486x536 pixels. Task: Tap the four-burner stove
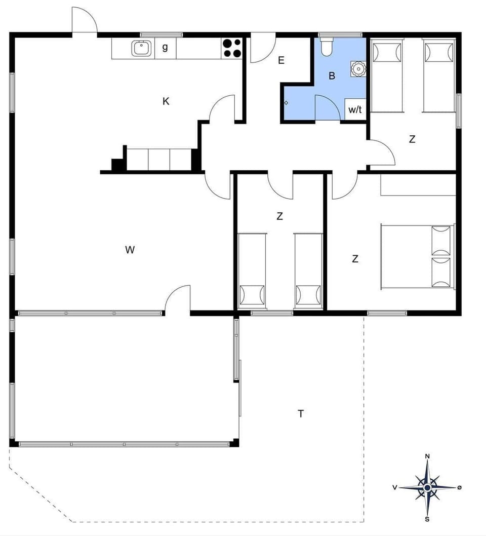[x=232, y=48]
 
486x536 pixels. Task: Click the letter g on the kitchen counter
[x=165, y=48]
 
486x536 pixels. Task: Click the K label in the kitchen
[x=166, y=101]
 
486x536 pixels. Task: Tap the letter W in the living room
[x=130, y=250]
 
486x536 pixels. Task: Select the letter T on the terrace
[x=301, y=414]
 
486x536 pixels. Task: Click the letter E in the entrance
[x=281, y=61]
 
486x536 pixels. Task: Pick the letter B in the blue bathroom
[x=332, y=76]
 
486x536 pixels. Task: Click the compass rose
[x=427, y=487]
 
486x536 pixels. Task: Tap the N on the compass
[x=427, y=456]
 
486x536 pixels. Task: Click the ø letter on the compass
[x=459, y=487]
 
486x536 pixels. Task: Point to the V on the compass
[x=394, y=487]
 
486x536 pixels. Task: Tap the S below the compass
[x=427, y=519]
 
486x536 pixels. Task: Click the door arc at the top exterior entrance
[x=84, y=20]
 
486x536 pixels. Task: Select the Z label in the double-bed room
[x=355, y=259]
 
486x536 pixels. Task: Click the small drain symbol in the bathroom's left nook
[x=286, y=103]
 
